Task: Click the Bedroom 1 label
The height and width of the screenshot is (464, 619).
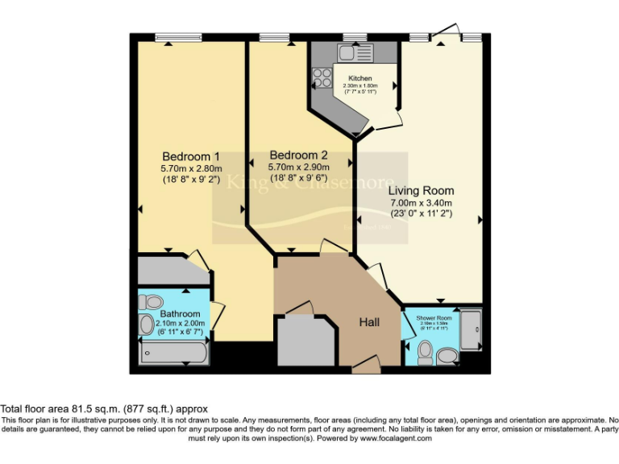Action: coord(191,155)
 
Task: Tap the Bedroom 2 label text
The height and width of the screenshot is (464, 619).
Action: coord(298,155)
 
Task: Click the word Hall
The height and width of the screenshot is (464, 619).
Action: coord(370,322)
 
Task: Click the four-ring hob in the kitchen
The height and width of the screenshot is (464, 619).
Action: coord(322,78)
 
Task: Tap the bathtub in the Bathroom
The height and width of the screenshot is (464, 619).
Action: coord(173,353)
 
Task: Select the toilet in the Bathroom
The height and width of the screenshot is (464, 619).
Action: coord(149,302)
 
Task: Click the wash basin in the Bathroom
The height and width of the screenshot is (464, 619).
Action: coord(146,325)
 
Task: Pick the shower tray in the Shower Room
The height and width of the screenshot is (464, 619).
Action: coord(470,330)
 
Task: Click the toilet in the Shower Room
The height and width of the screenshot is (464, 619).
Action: coord(425,351)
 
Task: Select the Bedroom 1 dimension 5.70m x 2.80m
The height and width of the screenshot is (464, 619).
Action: coord(191,168)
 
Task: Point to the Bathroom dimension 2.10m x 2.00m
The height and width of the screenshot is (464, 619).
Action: coord(180,324)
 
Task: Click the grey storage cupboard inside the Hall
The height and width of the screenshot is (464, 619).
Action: coord(305,340)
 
